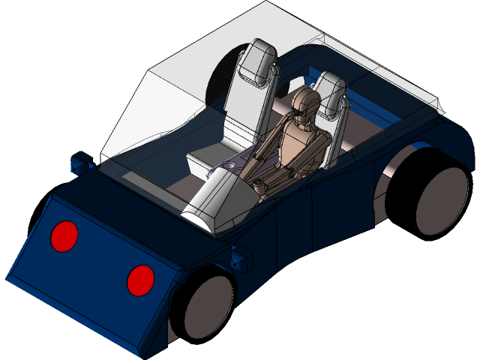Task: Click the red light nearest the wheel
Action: coord(140,280)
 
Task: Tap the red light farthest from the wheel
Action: coord(64,236)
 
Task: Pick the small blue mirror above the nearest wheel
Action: coord(241,259)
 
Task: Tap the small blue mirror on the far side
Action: coord(79,162)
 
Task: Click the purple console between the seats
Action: coord(225,169)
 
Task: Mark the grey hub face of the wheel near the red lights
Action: coord(210,307)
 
